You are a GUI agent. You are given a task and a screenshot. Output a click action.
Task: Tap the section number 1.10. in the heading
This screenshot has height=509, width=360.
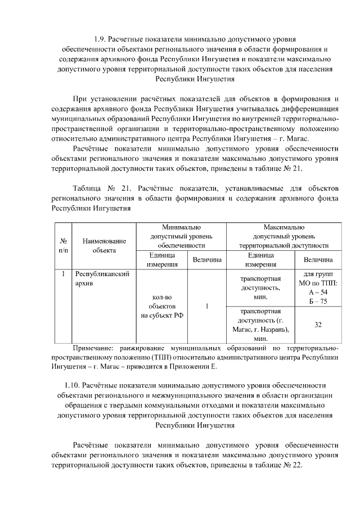coord(75,385)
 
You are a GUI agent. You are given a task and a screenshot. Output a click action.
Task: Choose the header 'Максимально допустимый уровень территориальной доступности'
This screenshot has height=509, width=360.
coord(283,236)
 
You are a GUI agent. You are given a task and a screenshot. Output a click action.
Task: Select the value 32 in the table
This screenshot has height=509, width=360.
coord(318,325)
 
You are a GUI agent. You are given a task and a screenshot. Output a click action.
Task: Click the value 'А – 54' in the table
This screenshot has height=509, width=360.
coord(318,292)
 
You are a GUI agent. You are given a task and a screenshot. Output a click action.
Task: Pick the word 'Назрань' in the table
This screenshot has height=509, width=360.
coord(274,329)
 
